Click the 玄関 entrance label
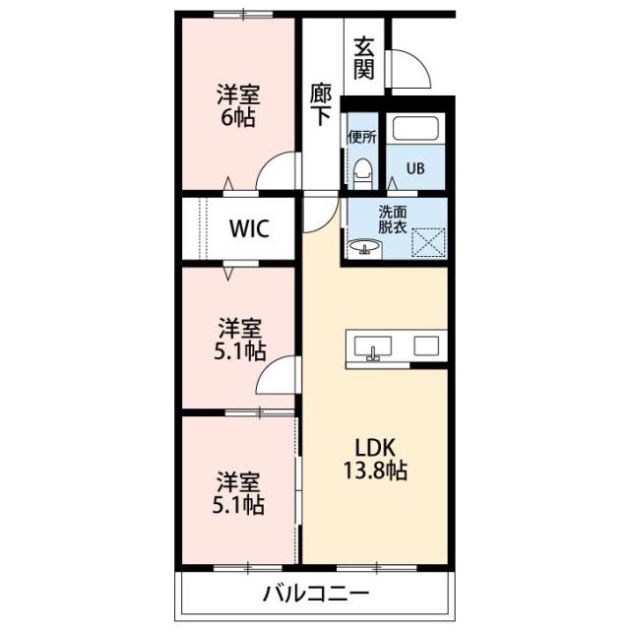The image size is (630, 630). (364, 58)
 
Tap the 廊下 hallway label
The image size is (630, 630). (321, 104)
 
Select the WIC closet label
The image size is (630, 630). (249, 228)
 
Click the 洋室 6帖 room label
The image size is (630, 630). (238, 105)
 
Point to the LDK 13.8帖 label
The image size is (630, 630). (375, 459)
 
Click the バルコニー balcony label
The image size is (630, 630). (316, 593)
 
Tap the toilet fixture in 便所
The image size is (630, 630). (363, 173)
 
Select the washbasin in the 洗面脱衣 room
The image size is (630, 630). (365, 247)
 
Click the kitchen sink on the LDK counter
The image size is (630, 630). (373, 347)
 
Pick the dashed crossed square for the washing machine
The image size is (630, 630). (429, 242)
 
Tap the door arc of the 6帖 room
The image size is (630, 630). (269, 166)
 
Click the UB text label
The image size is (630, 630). (415, 168)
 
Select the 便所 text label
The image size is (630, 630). (362, 138)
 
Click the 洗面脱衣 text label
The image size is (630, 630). (393, 220)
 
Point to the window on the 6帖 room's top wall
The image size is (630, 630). (243, 15)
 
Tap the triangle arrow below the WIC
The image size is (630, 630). (228, 274)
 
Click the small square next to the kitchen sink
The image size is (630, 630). (426, 346)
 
